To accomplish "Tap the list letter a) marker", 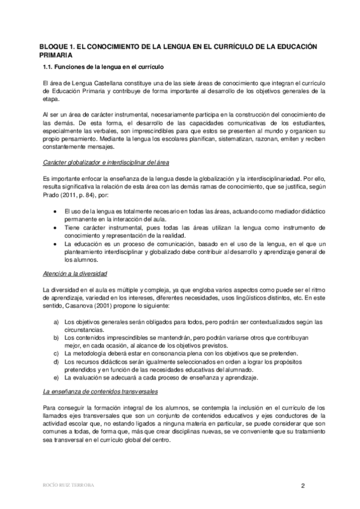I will click(x=56, y=322).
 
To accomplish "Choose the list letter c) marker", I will click(x=56, y=354).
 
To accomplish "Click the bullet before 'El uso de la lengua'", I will click(x=56, y=212).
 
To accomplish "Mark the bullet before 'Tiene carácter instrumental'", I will click(x=56, y=228).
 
